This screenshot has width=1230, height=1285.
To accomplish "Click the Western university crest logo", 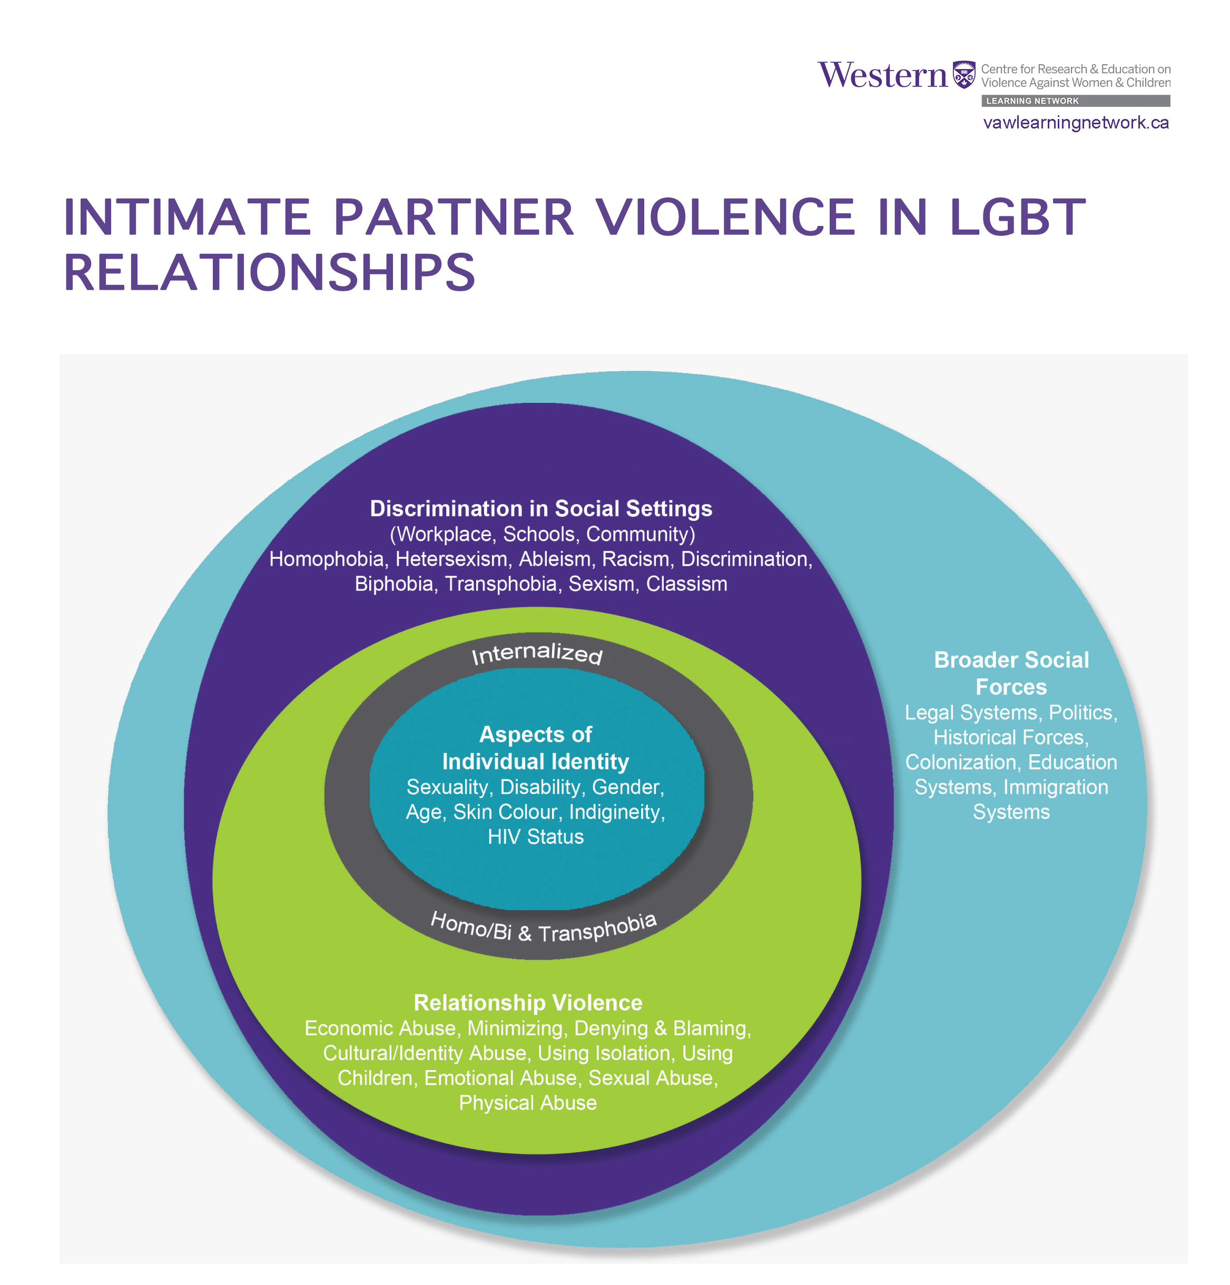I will [963, 75].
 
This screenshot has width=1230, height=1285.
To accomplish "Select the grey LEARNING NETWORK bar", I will [1075, 101].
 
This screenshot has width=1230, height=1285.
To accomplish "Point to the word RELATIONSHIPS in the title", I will [269, 273].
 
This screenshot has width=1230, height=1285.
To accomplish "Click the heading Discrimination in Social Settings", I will [541, 509].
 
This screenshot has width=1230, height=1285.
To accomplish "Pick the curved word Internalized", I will [537, 653].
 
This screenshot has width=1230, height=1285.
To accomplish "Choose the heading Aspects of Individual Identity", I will [536, 748].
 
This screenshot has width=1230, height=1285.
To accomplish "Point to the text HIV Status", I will [536, 837].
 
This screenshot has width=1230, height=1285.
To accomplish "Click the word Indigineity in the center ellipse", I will [616, 812].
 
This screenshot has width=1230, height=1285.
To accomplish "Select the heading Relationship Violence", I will [528, 1003].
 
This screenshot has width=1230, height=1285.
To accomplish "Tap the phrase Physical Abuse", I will [528, 1103].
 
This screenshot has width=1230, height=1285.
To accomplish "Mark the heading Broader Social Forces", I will [1011, 674].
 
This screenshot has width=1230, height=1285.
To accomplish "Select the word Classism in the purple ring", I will [686, 584].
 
